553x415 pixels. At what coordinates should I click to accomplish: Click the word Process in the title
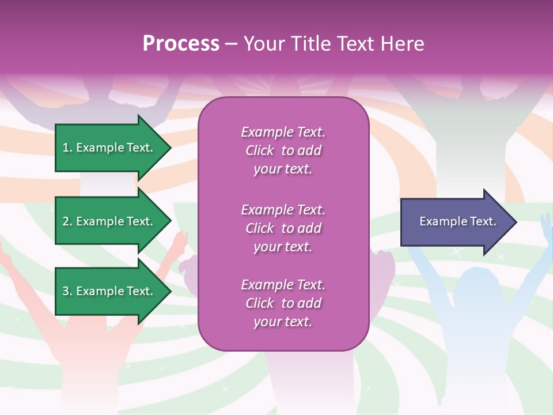tap(181, 44)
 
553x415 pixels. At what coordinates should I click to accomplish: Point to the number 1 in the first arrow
tap(66, 148)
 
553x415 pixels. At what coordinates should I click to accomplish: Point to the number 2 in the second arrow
tap(66, 221)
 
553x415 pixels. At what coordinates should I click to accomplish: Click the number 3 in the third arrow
tap(66, 291)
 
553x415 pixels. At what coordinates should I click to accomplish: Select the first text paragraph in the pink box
tap(283, 150)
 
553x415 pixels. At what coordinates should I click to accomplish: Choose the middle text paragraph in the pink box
tap(283, 228)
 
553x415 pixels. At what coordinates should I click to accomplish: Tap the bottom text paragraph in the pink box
tap(283, 303)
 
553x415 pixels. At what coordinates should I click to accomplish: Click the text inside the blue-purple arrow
tap(458, 222)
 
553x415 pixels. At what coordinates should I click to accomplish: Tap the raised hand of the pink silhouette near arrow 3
tap(181, 239)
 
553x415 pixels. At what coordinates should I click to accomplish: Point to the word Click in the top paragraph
tap(259, 150)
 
